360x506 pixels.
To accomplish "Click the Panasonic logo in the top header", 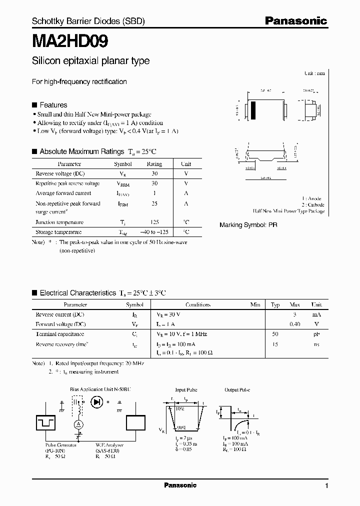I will (x=295, y=21).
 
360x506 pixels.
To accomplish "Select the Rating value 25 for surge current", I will (x=154, y=203).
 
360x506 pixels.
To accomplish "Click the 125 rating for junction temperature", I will (x=154, y=222).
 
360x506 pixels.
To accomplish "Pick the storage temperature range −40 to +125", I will (x=154, y=232).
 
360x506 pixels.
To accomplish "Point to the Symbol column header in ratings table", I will (x=123, y=164).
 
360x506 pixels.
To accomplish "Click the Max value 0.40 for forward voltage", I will (x=295, y=324).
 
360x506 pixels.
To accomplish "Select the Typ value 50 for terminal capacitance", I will (x=275, y=333).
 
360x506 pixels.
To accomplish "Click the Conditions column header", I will (x=198, y=304).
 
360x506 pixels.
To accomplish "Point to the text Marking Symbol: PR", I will (x=248, y=225).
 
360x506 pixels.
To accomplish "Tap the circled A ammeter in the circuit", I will (x=78, y=423).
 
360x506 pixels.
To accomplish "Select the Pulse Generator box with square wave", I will (x=49, y=422).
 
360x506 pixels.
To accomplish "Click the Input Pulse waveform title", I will (x=186, y=390).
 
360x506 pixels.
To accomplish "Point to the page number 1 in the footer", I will (x=326, y=486).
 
